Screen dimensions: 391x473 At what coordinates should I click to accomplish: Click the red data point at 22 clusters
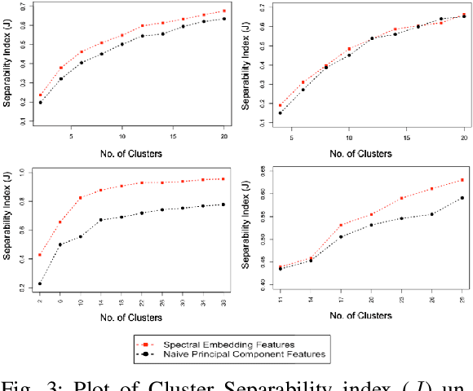[x=143, y=182]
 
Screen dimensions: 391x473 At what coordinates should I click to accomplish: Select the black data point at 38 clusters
[x=223, y=204]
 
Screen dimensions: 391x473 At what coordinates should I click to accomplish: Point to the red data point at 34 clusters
[x=203, y=179]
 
